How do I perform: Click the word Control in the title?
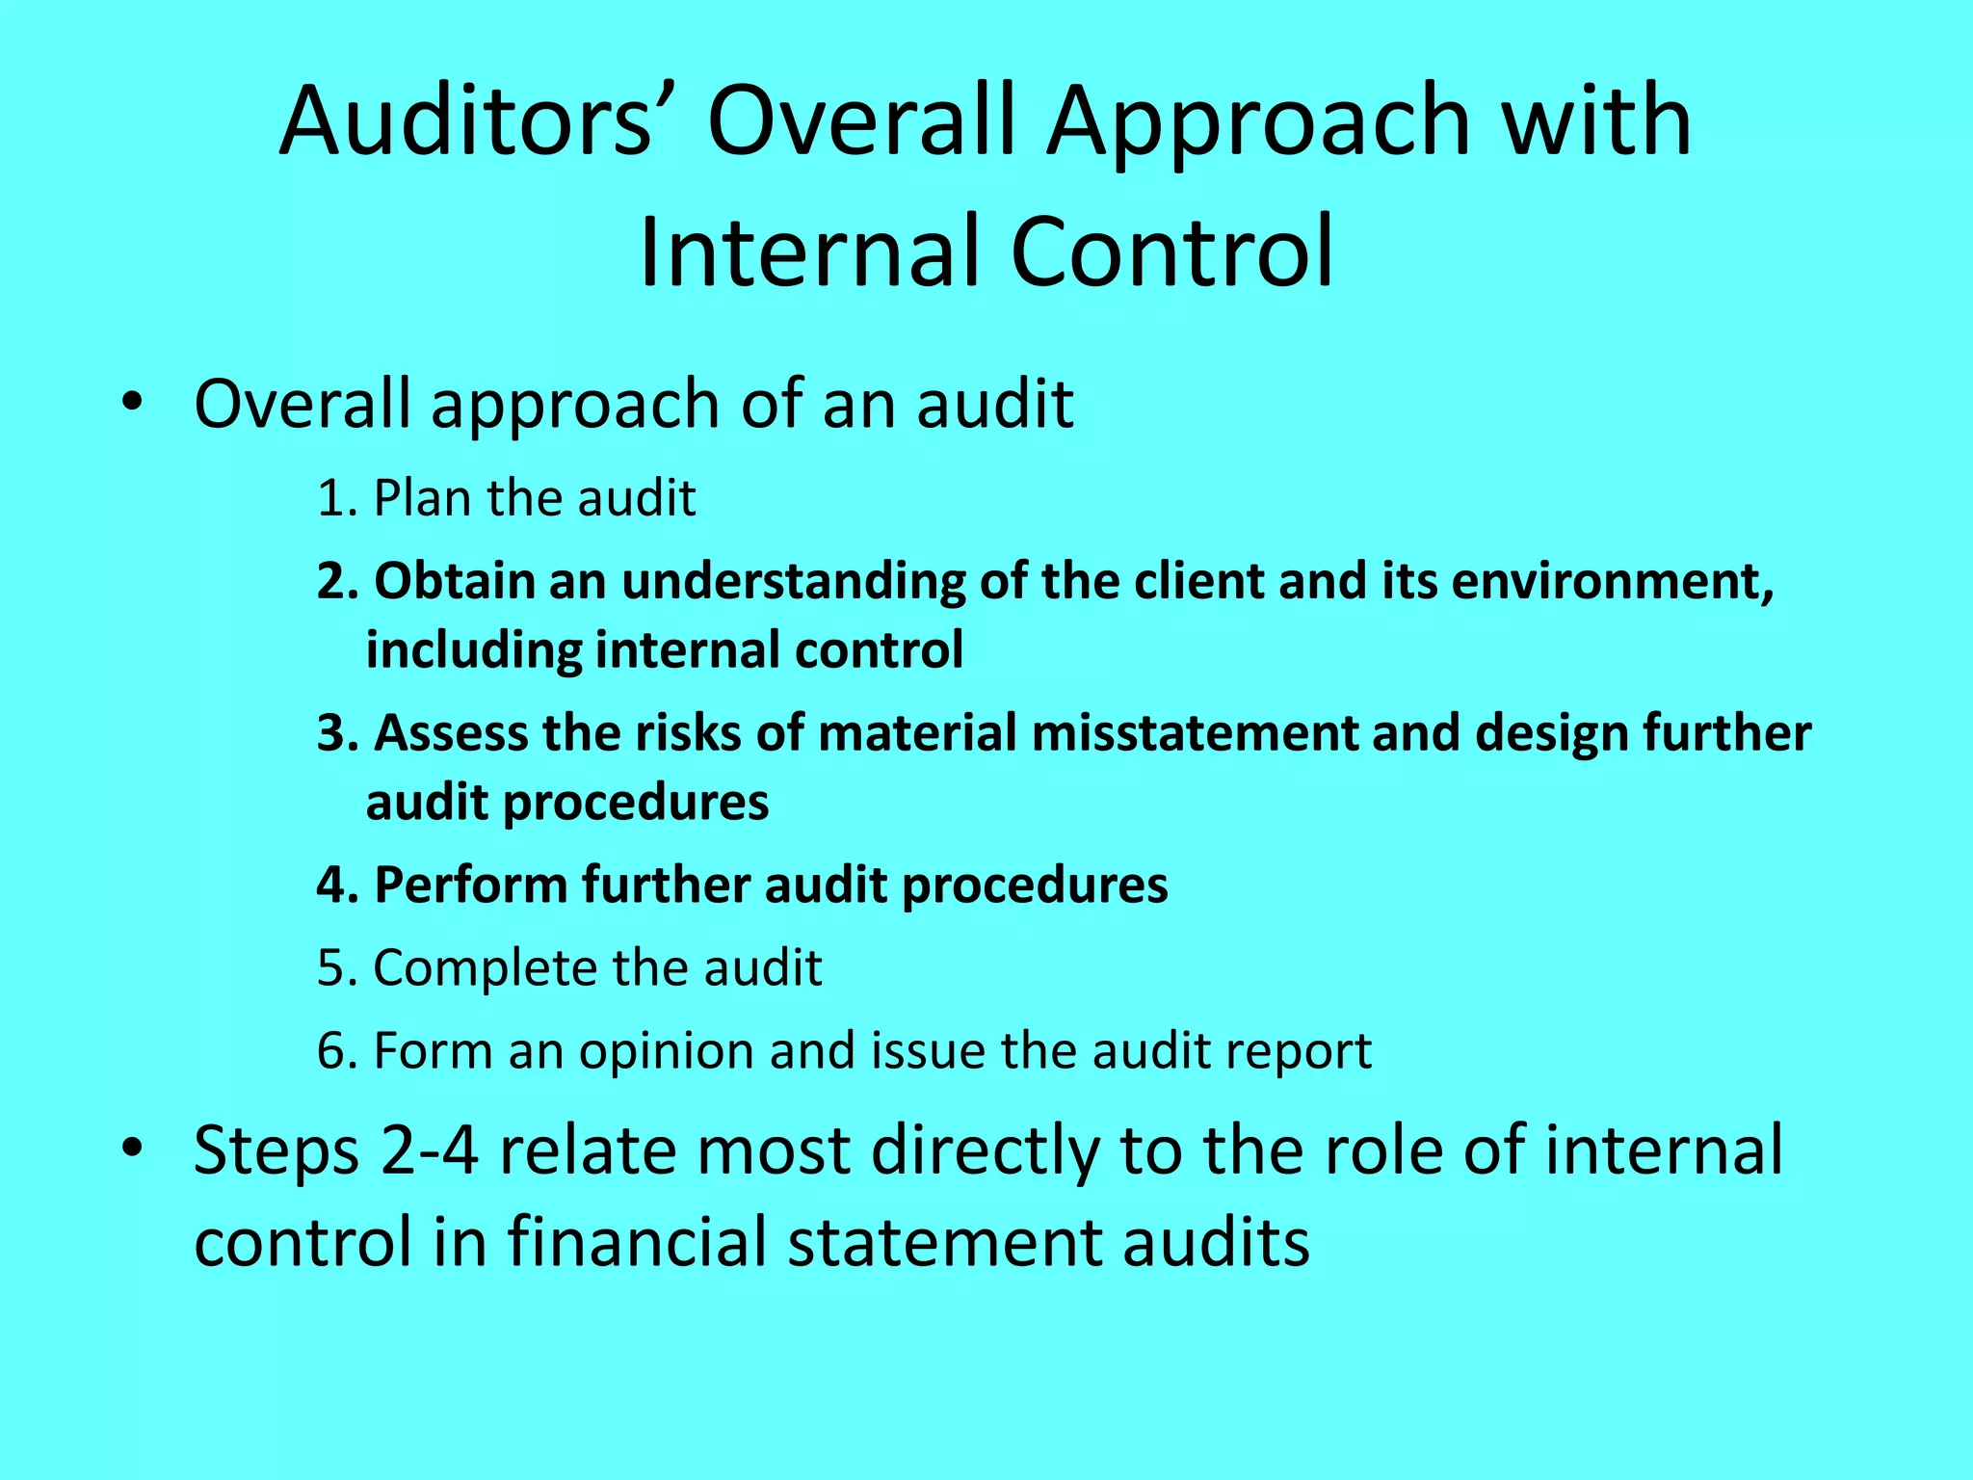(1171, 251)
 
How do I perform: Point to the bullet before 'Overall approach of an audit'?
(132, 402)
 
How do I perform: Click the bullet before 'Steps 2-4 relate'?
(132, 1148)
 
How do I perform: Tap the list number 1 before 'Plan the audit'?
(331, 499)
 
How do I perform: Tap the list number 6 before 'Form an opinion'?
(331, 1051)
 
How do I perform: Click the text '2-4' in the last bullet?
(430, 1150)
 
